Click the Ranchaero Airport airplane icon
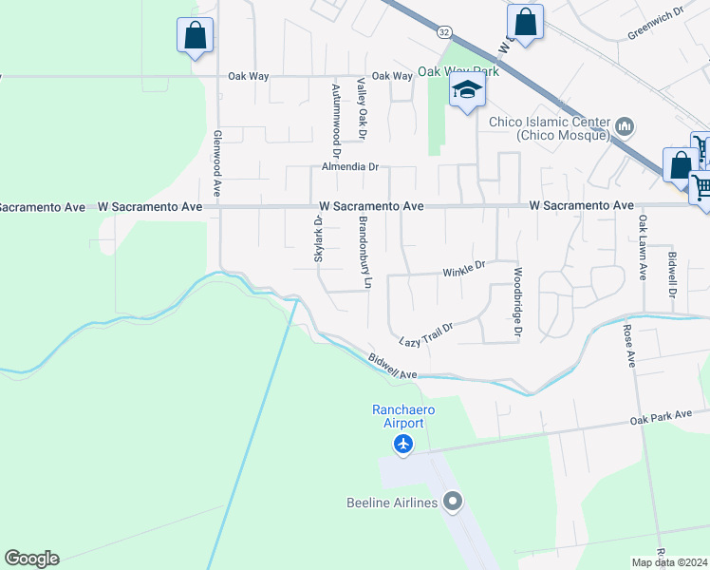click(404, 444)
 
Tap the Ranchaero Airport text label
click(403, 416)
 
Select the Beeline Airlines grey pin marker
click(453, 501)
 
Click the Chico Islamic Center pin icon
click(625, 126)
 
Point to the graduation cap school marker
click(467, 91)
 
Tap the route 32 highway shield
click(444, 31)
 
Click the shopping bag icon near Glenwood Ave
click(195, 36)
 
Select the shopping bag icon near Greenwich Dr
click(525, 21)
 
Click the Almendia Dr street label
click(350, 166)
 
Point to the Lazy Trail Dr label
click(426, 334)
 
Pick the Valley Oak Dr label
click(362, 111)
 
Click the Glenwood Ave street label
click(217, 163)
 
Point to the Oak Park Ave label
click(668, 417)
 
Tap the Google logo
click(31, 559)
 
